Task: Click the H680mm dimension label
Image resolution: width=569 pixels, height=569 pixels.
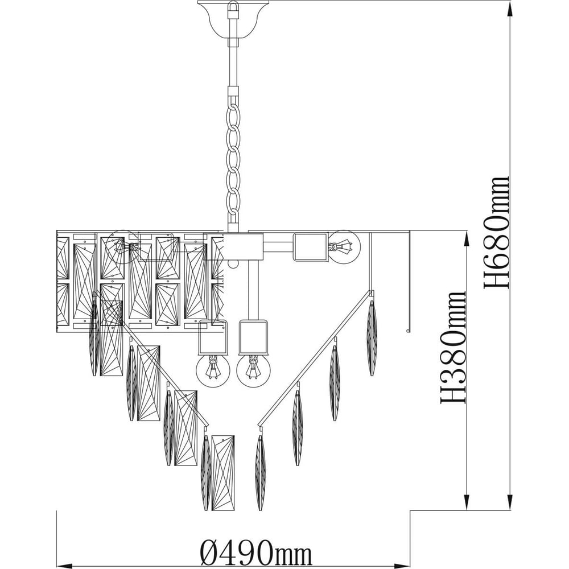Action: click(496, 233)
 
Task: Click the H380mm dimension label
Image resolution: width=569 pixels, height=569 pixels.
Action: click(453, 347)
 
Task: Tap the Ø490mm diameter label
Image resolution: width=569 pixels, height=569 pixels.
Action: click(256, 551)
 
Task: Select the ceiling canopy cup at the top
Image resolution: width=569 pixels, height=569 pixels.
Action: click(233, 20)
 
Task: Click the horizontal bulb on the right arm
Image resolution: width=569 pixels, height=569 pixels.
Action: click(344, 246)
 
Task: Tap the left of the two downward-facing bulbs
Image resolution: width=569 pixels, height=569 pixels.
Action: click(213, 370)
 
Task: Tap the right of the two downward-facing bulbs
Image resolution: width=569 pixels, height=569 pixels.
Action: click(253, 370)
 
